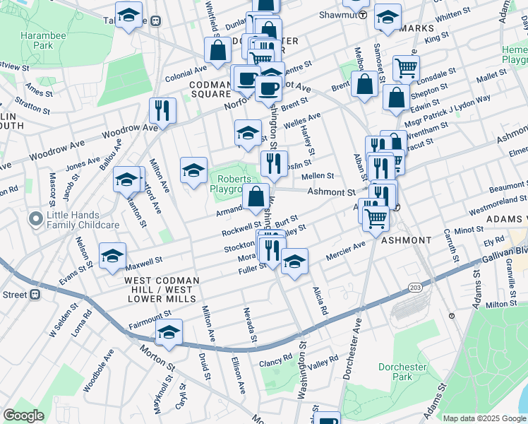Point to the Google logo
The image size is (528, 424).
tap(23, 416)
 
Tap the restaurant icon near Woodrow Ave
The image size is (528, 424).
tap(162, 111)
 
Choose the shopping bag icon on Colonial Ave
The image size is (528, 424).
tap(217, 50)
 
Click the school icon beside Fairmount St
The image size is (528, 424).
tap(169, 333)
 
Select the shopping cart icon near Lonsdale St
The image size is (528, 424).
tap(406, 69)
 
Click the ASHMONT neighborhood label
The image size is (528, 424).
tap(406, 240)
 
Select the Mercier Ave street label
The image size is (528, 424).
tap(345, 250)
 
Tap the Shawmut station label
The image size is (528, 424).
tap(335, 14)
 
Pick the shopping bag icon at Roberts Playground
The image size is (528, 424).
tap(256, 197)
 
